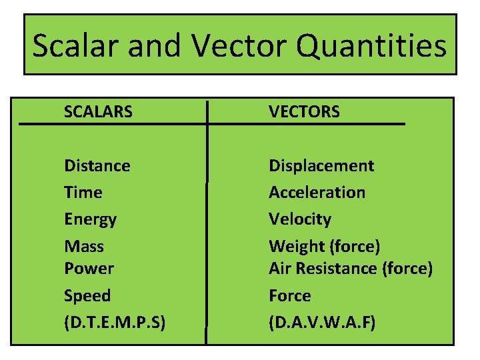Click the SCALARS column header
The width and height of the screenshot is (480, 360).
98,112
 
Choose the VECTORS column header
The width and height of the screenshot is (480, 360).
304,112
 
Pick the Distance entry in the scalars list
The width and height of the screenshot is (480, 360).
97,165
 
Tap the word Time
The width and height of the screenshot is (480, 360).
83,192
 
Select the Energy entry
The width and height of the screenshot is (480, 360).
90,219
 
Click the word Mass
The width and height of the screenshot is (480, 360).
83,246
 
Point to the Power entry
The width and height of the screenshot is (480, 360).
89,268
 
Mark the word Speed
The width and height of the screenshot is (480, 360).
87,295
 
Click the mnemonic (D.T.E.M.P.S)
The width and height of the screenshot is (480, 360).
115,323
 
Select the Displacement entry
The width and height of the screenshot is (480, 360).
321,165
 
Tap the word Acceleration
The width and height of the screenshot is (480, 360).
317,192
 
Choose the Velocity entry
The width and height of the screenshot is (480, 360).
299,219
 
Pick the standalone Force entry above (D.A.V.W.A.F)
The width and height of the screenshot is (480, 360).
289,295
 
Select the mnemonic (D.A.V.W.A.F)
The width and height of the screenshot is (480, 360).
322,323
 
